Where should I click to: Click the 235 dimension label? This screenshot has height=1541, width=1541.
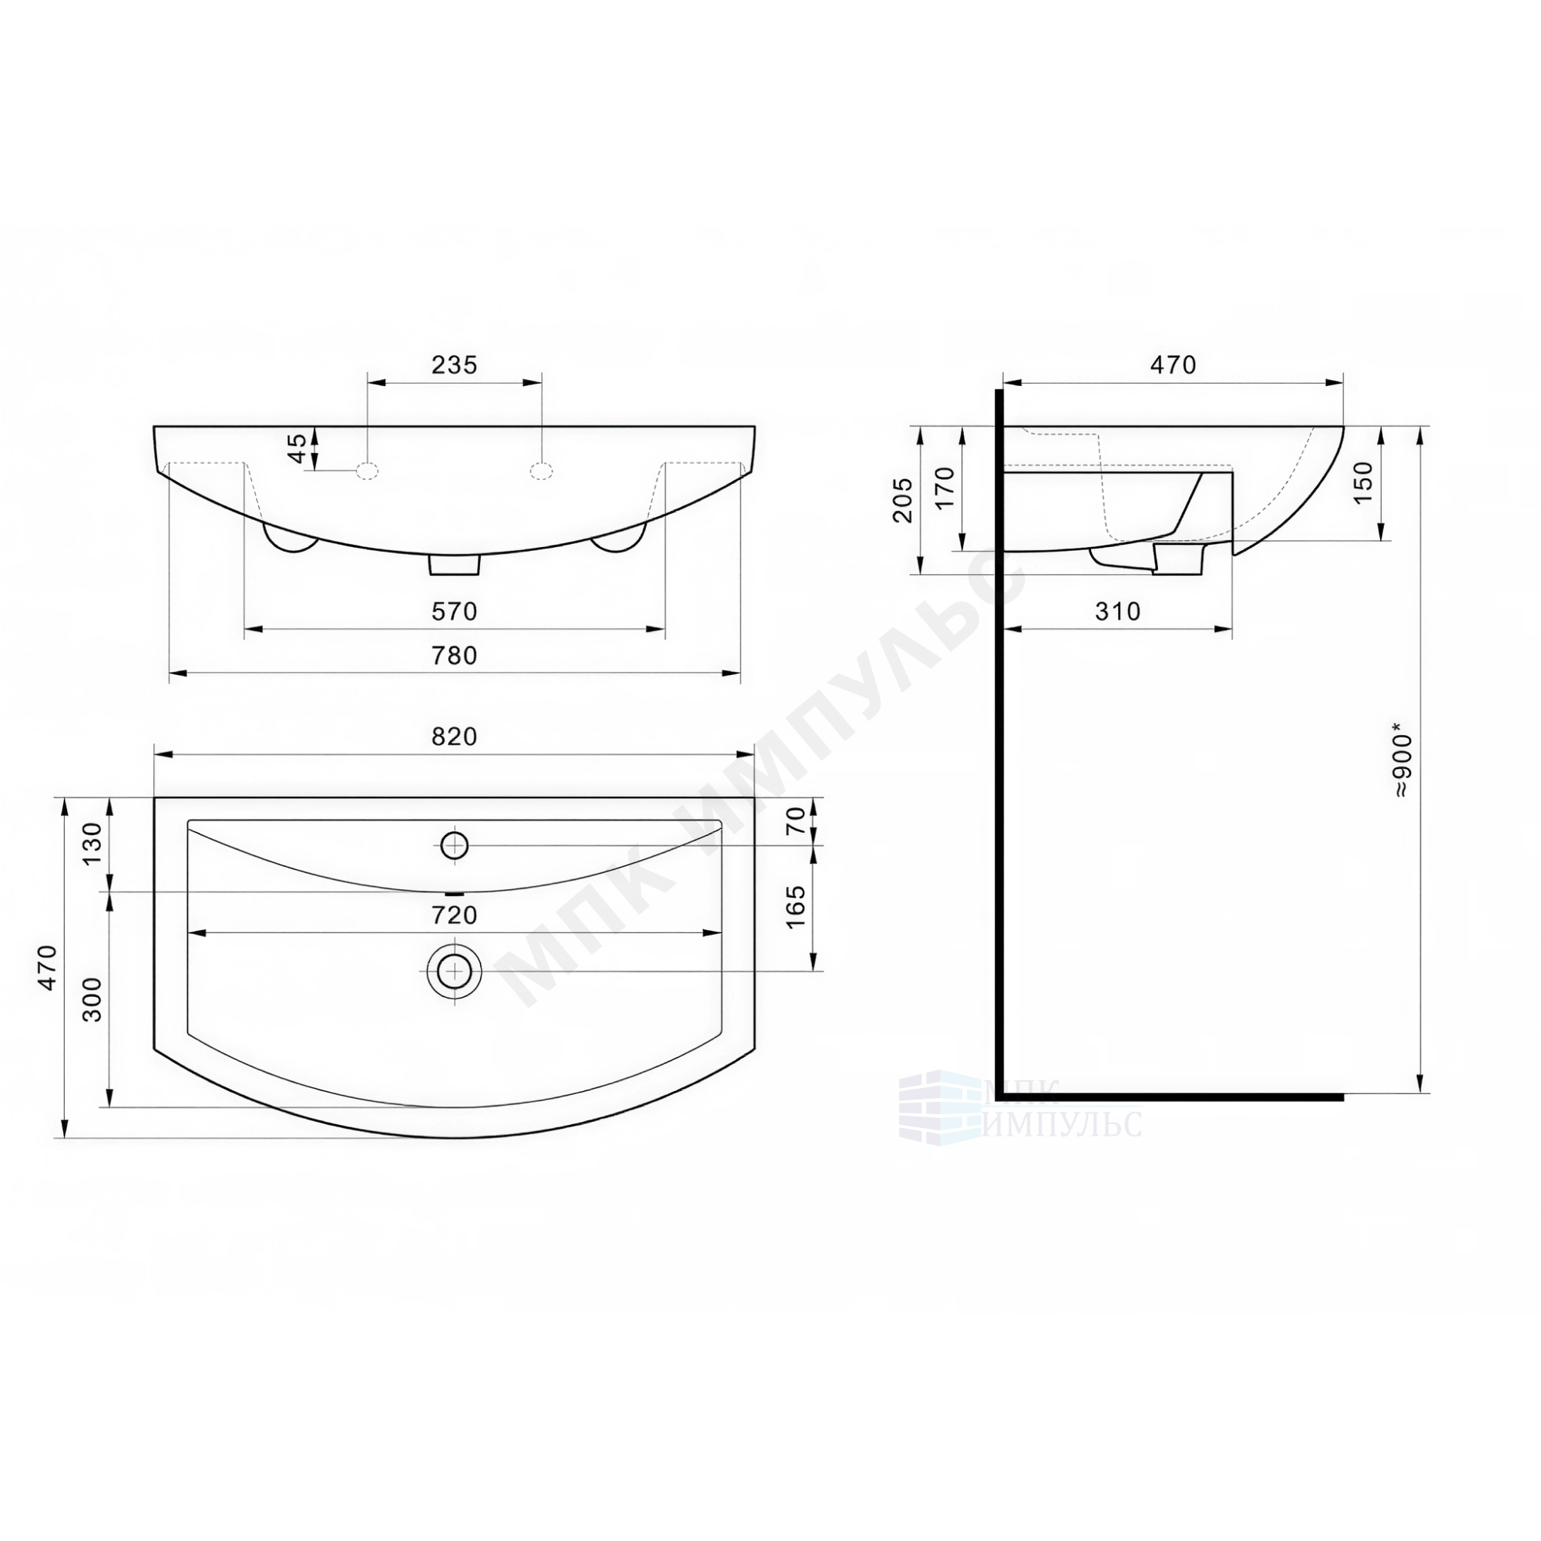click(454, 364)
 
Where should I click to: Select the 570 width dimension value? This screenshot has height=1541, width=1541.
click(454, 612)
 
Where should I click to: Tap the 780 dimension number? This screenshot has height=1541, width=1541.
click(454, 656)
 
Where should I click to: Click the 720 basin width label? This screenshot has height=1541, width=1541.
click(454, 915)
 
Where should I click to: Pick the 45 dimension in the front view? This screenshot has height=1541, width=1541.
click(297, 448)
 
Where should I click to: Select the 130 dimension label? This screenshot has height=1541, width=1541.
click(93, 844)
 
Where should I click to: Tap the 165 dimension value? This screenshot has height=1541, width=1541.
click(796, 907)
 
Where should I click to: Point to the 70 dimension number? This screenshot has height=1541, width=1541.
click(796, 821)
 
